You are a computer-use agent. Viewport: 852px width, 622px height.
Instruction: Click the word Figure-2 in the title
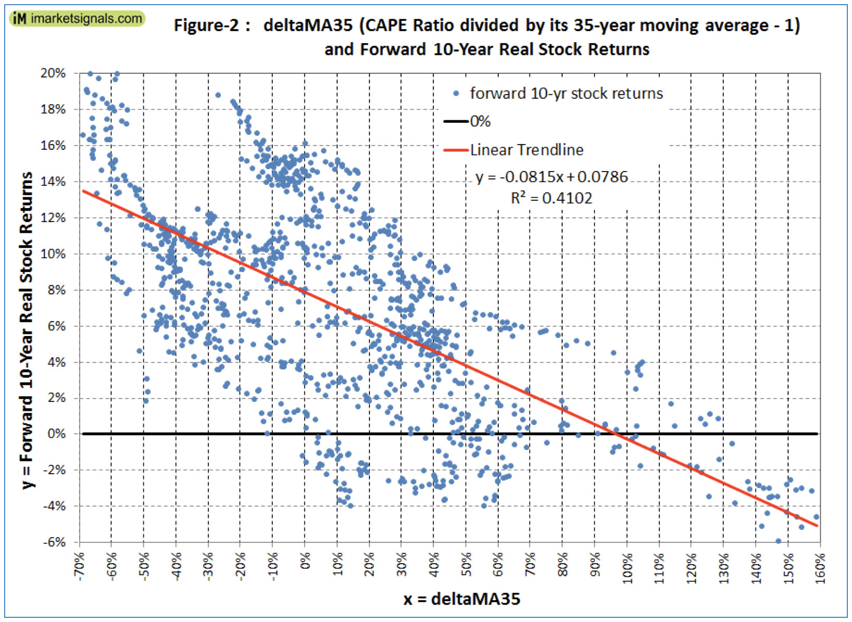tap(206, 25)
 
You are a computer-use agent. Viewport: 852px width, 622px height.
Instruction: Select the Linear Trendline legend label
tap(526, 150)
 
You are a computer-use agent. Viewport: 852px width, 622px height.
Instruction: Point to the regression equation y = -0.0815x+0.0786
tap(551, 177)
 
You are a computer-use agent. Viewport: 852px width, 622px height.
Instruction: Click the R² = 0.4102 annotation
tap(551, 198)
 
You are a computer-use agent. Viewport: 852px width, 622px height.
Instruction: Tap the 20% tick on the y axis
tap(53, 73)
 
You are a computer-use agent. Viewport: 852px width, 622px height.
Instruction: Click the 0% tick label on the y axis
tap(56, 434)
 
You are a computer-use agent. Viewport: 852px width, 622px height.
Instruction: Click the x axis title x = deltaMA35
tap(461, 599)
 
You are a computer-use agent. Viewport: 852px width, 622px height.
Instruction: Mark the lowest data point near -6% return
tap(778, 541)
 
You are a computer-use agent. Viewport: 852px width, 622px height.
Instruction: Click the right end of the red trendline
tap(817, 525)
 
